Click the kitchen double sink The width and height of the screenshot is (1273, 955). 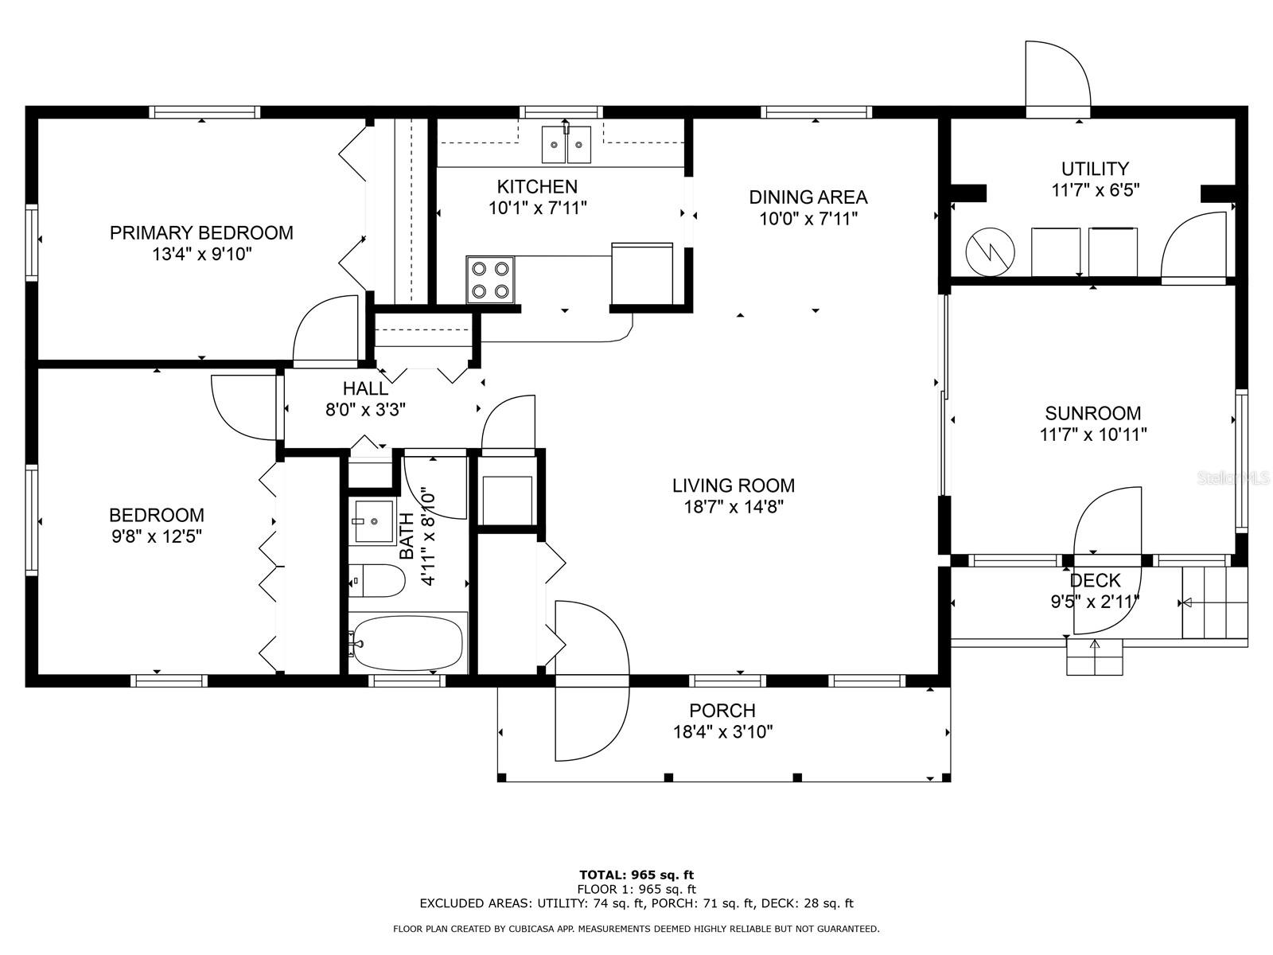click(x=566, y=144)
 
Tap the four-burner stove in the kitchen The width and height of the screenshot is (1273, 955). click(x=490, y=279)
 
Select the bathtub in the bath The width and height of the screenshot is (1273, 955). click(x=407, y=643)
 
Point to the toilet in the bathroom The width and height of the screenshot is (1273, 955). click(x=377, y=580)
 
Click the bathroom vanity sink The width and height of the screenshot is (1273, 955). click(x=374, y=521)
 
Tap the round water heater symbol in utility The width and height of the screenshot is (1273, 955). click(x=990, y=251)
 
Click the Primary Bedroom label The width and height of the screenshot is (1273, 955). click(x=201, y=232)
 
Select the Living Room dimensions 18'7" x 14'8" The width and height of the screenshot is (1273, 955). click(x=734, y=507)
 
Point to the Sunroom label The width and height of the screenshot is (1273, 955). click(x=1092, y=413)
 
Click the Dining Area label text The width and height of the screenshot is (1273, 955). click(x=808, y=197)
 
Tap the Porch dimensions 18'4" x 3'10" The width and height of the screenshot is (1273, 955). click(x=722, y=731)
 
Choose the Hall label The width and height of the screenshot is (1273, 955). click(x=365, y=388)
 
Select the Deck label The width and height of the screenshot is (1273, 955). click(x=1095, y=580)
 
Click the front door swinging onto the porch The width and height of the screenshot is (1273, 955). click(x=592, y=680)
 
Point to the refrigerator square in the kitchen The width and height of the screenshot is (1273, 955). click(x=642, y=273)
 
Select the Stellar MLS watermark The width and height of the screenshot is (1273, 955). click(x=1233, y=477)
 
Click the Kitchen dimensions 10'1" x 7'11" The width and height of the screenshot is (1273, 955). click(x=538, y=208)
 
